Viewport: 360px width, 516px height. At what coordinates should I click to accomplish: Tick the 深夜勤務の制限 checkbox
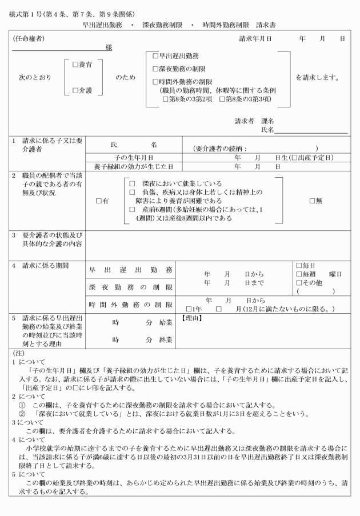coord(154,69)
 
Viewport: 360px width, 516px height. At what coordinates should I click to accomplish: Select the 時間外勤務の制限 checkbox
coord(154,82)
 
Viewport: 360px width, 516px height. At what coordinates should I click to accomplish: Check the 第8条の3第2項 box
coord(165,99)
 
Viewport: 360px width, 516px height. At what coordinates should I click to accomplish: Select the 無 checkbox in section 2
coord(312,201)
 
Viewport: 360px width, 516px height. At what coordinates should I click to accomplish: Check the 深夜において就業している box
coord(131,184)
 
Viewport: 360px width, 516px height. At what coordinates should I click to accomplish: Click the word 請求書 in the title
coord(267,26)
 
